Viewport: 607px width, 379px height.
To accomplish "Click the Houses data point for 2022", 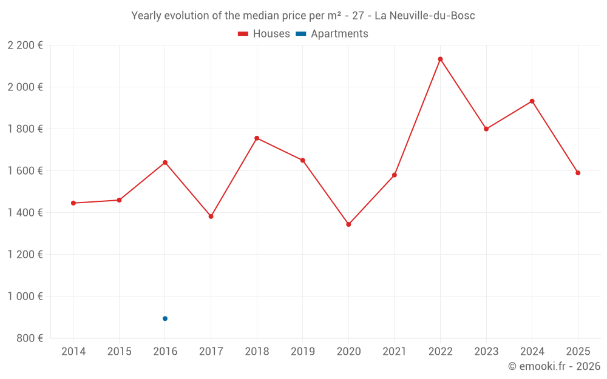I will [x=440, y=59].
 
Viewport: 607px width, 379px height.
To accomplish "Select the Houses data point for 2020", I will [x=348, y=224].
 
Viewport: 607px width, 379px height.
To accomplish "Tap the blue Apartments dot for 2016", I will [x=165, y=318].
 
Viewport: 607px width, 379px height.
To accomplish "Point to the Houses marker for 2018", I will [x=257, y=138].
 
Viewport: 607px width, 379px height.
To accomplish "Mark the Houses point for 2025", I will [x=578, y=173].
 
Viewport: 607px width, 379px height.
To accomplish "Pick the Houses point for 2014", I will [x=73, y=203].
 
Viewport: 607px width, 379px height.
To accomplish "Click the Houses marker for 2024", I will [x=532, y=101].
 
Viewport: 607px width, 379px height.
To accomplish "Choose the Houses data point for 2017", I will [x=211, y=216].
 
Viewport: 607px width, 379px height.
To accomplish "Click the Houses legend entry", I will [x=264, y=34].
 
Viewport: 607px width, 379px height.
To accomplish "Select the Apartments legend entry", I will [x=332, y=34].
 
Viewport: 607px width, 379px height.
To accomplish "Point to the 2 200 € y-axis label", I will [x=25, y=45].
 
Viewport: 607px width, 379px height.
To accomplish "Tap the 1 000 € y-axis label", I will [x=25, y=297].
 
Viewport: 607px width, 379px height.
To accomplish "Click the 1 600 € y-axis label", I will [x=25, y=171].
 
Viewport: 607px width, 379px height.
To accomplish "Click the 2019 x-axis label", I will [x=303, y=352].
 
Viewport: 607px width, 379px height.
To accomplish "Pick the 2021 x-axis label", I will [x=395, y=352].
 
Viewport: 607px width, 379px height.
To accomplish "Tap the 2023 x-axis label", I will [x=486, y=352].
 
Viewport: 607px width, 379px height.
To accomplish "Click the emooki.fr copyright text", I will [x=554, y=366].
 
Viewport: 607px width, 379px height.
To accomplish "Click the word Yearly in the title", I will [x=148, y=16].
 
